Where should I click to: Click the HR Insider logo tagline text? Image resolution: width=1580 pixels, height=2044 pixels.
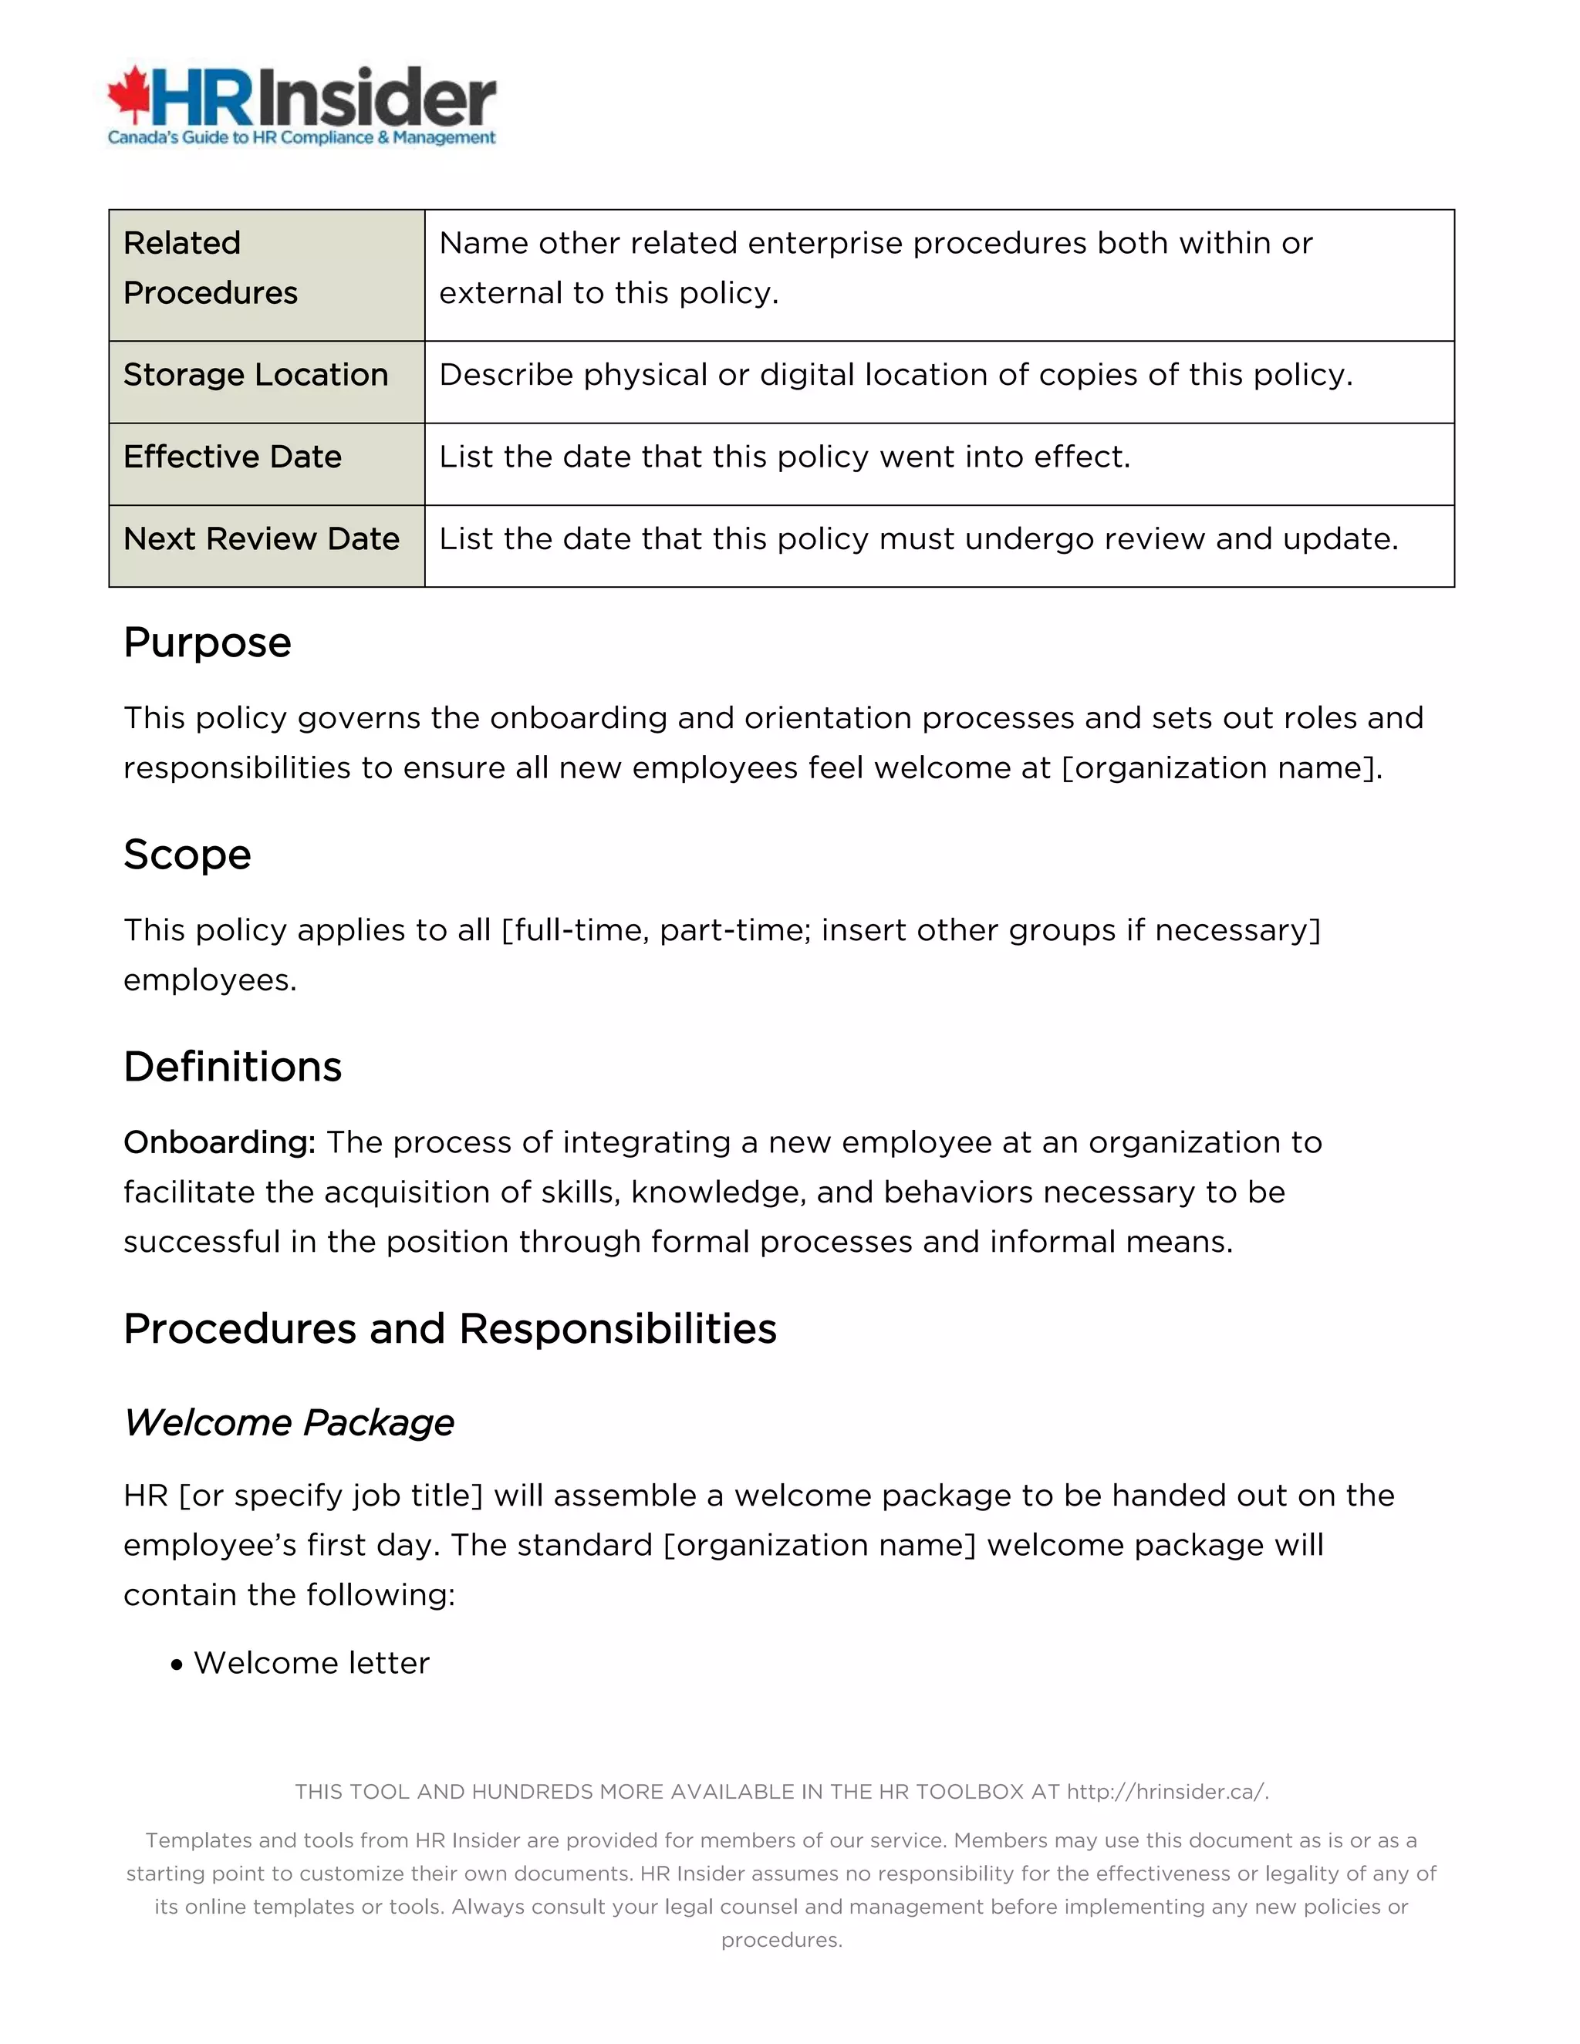302,139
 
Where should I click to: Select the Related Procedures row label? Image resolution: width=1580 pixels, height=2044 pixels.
210,268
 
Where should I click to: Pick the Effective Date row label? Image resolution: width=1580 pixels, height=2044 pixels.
232,457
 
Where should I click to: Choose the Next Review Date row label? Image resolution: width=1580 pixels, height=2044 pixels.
262,539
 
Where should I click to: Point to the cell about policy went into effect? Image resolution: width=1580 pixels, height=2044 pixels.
785,457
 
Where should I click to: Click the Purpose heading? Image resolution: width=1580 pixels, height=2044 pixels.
207,643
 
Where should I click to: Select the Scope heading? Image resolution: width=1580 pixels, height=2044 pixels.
187,855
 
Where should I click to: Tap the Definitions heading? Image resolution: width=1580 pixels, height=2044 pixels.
232,1067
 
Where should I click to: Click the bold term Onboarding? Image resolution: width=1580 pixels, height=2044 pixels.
219,1143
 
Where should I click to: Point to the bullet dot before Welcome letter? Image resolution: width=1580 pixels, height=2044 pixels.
177,1665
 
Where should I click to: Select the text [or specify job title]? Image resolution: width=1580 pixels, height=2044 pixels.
330,1496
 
